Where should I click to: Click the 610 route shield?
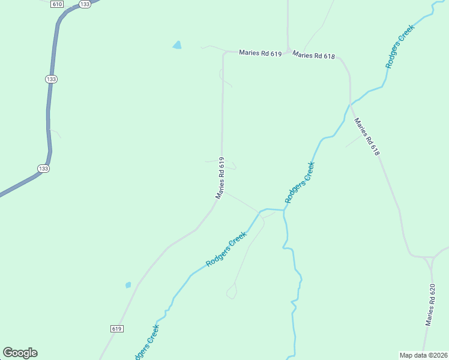(x=58, y=4)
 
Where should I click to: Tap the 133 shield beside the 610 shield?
(x=85, y=4)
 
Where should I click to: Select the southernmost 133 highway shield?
(x=43, y=169)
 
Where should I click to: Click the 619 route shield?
(x=117, y=329)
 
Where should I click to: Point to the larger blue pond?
(x=177, y=45)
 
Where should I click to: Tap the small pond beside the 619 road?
(x=128, y=285)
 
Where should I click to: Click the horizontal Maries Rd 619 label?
(x=260, y=53)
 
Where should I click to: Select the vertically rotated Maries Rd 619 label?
(x=221, y=178)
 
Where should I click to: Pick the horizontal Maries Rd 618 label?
(x=313, y=56)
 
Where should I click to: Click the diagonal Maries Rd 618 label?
(x=367, y=137)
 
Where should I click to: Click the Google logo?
(x=20, y=353)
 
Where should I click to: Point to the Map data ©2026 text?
(x=423, y=355)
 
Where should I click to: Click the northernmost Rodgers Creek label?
(x=400, y=46)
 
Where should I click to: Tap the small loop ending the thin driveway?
(x=231, y=292)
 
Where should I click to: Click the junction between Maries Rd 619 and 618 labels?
(x=288, y=50)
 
